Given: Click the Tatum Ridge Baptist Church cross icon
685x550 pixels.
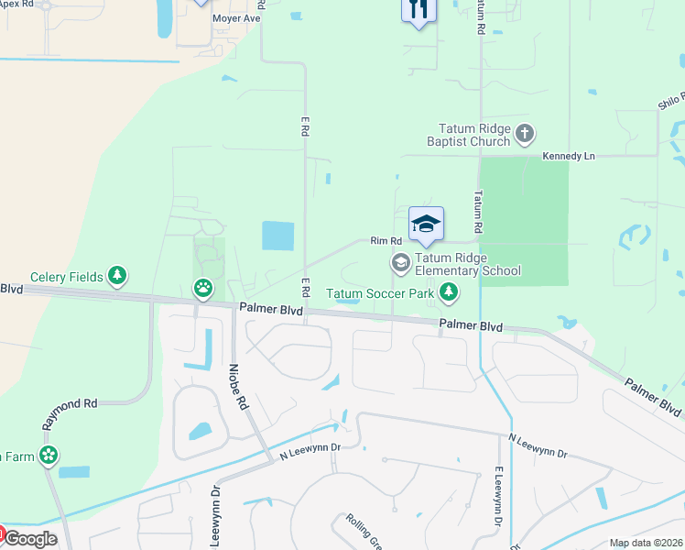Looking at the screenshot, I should click(x=525, y=135).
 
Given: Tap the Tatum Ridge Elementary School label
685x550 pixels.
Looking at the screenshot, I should click(x=467, y=264).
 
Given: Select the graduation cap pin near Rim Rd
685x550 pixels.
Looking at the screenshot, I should click(x=426, y=225).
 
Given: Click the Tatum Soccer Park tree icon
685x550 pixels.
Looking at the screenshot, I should click(x=448, y=293).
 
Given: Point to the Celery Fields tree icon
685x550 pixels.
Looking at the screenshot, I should click(x=116, y=275).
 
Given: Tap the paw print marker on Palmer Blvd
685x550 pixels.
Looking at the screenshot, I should click(x=202, y=290).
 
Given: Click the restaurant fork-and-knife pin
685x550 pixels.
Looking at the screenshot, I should click(x=419, y=10).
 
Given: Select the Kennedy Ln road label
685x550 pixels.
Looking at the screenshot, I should click(x=568, y=157).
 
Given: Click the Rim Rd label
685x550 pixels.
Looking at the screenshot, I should click(x=386, y=241).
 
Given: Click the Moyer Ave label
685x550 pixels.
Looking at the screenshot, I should click(x=237, y=18).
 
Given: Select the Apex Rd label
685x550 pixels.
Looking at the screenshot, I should click(x=16, y=5).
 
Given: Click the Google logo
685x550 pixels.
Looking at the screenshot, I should click(x=30, y=539).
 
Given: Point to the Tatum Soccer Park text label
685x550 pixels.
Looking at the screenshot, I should click(x=381, y=294).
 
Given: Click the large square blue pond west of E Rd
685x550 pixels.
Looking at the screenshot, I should click(x=278, y=236).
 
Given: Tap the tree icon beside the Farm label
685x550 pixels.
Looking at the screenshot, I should click(x=48, y=455).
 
